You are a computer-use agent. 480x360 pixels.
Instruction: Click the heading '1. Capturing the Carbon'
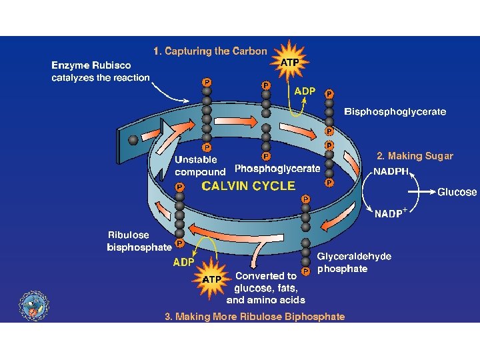[210, 51]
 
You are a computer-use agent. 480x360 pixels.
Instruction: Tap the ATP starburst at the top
[289, 63]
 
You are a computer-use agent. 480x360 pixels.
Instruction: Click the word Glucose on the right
[457, 192]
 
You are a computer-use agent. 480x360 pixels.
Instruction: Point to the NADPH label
[391, 171]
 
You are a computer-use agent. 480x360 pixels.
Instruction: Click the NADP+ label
[391, 213]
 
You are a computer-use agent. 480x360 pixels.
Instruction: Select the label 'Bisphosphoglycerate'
[395, 112]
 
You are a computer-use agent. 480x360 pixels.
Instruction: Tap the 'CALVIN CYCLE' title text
[248, 186]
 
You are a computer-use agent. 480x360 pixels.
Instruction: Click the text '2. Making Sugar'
[415, 156]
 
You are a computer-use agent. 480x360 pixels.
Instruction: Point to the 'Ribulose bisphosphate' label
[139, 241]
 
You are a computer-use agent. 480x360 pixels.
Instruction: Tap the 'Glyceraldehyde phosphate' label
[354, 262]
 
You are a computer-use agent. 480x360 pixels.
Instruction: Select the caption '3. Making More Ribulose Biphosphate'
[255, 317]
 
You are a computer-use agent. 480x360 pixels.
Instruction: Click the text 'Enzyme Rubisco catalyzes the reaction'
[101, 71]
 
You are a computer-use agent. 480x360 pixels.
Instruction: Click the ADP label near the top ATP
[305, 91]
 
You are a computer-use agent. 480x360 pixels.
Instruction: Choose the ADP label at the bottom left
[184, 262]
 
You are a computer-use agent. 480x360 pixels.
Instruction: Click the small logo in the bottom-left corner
[33, 305]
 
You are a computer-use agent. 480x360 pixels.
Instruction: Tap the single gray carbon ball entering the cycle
[133, 140]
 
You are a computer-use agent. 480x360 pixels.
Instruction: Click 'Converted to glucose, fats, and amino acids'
[265, 288]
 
